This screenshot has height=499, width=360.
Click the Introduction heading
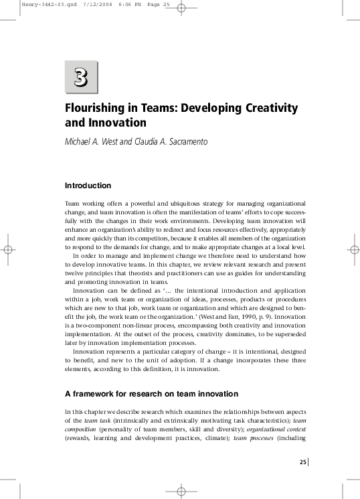[88, 186]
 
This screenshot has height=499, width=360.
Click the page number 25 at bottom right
[302, 462]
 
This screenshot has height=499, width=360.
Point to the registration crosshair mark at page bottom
[180, 491]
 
